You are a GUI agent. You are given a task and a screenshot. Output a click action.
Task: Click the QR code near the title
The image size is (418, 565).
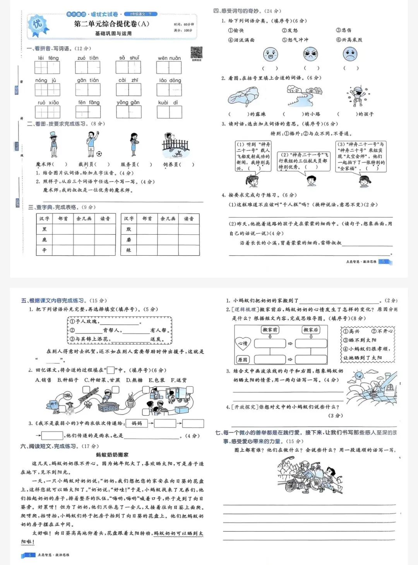(x=197, y=53)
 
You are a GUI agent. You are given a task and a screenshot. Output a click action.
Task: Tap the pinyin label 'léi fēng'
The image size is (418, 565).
(x=48, y=58)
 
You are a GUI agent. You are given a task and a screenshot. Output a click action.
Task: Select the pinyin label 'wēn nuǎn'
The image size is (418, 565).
(x=169, y=58)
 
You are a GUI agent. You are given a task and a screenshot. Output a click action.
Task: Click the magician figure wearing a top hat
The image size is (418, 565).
(x=53, y=144)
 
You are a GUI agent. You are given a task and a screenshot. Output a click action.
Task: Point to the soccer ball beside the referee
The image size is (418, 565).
(x=99, y=154)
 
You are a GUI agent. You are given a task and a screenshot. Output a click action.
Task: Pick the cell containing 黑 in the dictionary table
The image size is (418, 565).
(x=44, y=229)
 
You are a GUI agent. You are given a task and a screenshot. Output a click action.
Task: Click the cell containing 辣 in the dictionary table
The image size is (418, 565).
(x=128, y=250)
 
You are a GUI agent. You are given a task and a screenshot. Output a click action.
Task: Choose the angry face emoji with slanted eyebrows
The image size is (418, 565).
(x=310, y=54)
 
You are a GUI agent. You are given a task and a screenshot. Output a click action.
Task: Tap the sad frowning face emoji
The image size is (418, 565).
(x=350, y=54)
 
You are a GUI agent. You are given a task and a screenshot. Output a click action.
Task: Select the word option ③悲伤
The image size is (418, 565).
(x=344, y=30)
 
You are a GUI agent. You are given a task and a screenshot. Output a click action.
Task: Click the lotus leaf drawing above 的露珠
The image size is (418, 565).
(x=243, y=96)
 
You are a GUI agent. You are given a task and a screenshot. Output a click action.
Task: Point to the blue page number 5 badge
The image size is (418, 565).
(x=383, y=262)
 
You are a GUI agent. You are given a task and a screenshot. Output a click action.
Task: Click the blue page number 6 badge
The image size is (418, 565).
(x=30, y=555)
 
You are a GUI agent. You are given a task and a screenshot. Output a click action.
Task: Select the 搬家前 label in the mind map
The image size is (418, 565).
(x=270, y=330)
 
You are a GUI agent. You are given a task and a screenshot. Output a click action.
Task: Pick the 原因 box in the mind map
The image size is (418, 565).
(x=243, y=359)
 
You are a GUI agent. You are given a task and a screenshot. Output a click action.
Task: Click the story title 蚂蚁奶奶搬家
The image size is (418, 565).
(x=112, y=455)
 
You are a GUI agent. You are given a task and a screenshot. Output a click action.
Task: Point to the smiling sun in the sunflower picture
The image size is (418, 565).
(x=358, y=375)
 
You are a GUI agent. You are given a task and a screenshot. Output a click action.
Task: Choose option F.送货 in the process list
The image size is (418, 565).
(x=178, y=380)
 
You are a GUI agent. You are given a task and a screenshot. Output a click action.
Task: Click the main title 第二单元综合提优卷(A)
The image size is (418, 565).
(x=111, y=24)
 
